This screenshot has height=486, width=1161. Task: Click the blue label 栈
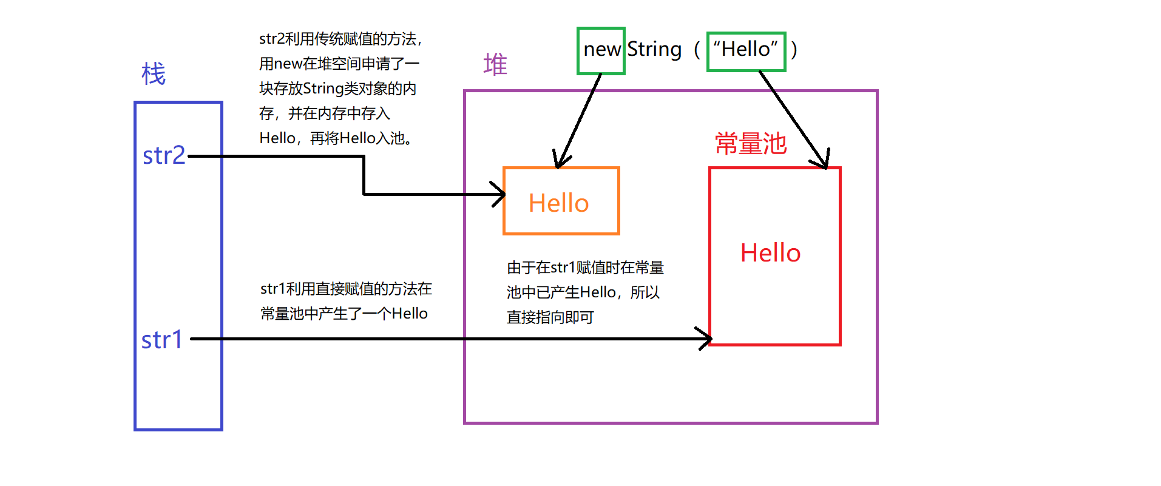(x=154, y=75)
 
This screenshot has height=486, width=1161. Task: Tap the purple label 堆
(x=495, y=64)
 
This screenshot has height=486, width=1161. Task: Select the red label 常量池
(x=751, y=144)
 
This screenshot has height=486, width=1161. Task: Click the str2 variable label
(x=164, y=156)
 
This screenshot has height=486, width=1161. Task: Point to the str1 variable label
(x=162, y=340)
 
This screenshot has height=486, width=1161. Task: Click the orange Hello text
(x=558, y=203)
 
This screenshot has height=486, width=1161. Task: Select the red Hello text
(x=770, y=253)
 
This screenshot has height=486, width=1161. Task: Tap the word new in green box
(x=601, y=50)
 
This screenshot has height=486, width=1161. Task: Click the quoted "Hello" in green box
(x=746, y=49)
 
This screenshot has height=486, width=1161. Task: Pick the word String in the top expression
(x=654, y=49)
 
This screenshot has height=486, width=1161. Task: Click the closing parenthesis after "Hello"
(x=794, y=49)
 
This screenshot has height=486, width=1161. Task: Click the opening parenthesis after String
(x=697, y=49)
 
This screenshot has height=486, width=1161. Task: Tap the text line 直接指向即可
(x=550, y=317)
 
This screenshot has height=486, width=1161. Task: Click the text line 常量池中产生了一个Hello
(x=344, y=314)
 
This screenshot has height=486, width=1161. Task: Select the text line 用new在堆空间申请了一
(x=339, y=64)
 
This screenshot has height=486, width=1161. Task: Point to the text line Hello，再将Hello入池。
(x=336, y=138)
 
